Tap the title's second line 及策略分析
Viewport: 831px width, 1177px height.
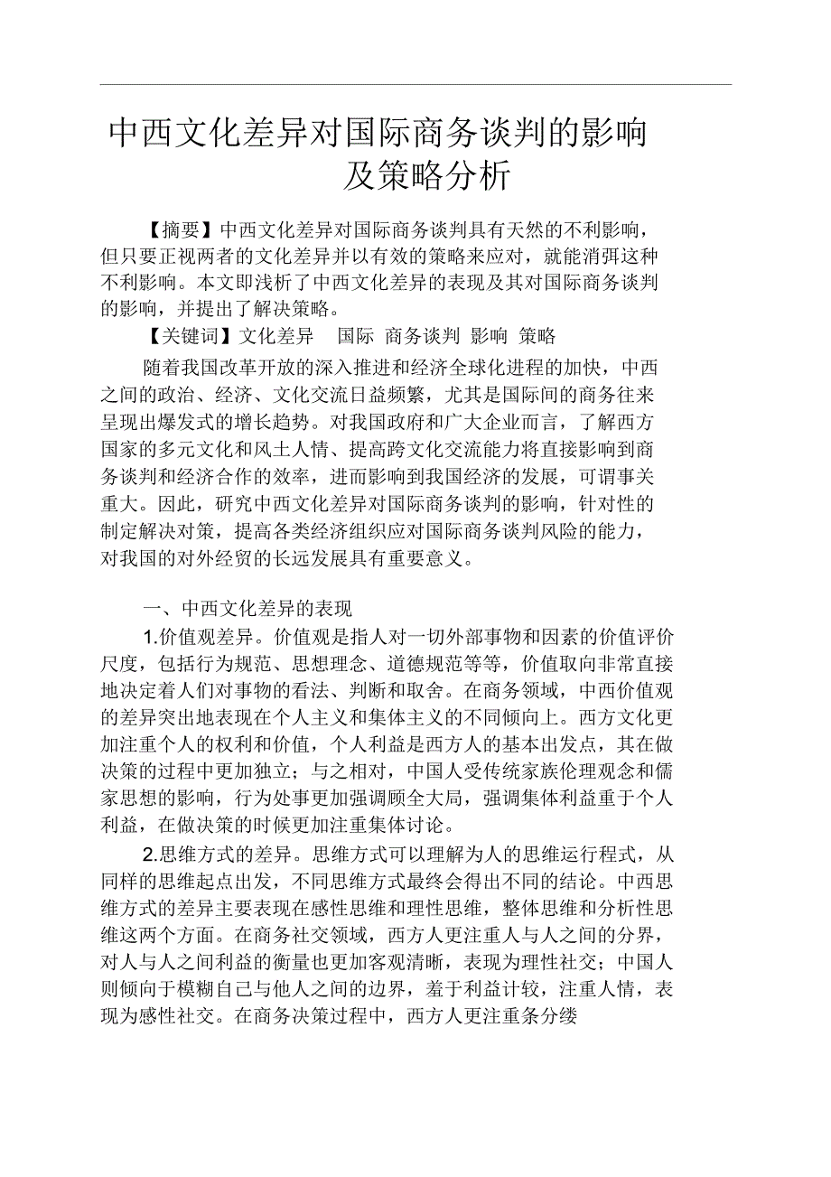click(427, 175)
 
